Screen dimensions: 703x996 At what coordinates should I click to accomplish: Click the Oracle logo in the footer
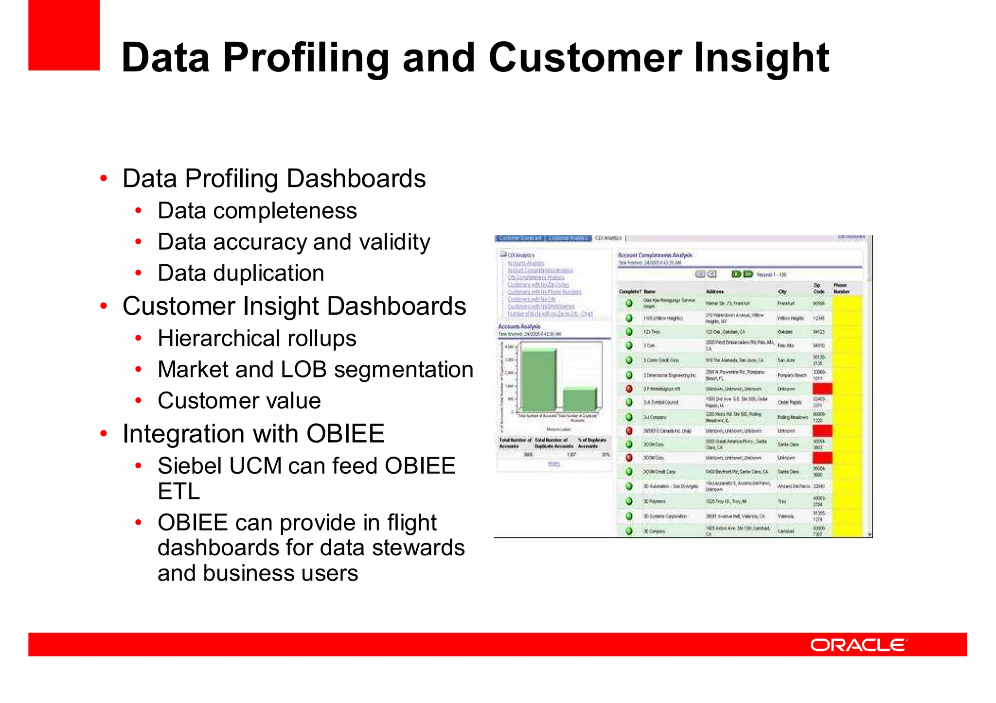[858, 645]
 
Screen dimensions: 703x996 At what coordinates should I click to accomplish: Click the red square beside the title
[64, 35]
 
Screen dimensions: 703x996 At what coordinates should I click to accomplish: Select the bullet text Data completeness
[257, 211]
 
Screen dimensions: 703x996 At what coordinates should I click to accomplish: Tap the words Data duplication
[241, 273]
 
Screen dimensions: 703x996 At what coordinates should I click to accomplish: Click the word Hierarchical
[218, 338]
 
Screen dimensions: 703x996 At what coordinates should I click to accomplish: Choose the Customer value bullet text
[239, 401]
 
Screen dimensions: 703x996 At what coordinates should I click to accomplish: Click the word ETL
[178, 491]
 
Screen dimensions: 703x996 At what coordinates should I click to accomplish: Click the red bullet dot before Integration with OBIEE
[104, 433]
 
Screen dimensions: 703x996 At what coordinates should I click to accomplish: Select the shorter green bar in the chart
[579, 399]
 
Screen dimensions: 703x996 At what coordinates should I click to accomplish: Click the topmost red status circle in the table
[629, 389]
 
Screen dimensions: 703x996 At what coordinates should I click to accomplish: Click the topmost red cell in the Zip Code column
[822, 389]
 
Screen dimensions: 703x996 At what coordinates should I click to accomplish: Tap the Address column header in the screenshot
[715, 291]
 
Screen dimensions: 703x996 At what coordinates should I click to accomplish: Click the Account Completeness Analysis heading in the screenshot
[655, 255]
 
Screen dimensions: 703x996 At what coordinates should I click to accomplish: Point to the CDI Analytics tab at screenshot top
[608, 238]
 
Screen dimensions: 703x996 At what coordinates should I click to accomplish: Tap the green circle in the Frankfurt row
[629, 303]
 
